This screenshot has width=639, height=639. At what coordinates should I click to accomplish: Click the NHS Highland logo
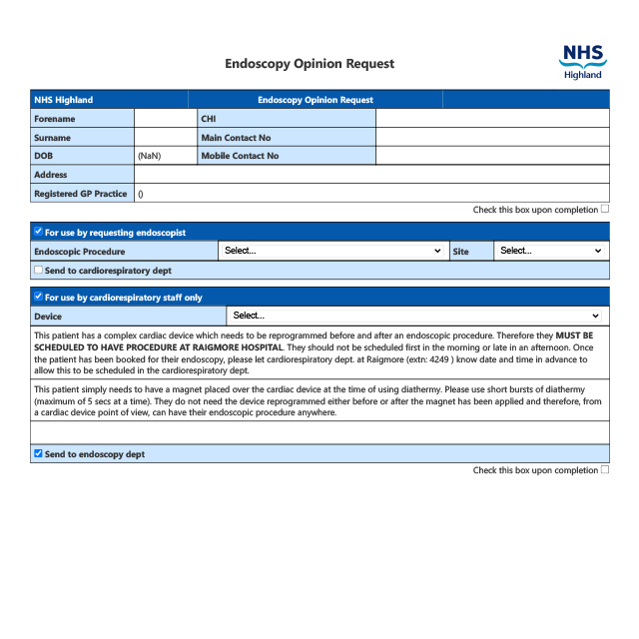[583, 61]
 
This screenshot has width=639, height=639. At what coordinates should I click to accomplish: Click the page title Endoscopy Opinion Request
[310, 64]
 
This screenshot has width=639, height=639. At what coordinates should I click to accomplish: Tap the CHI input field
[491, 119]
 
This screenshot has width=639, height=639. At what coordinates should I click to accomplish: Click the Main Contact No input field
[491, 137]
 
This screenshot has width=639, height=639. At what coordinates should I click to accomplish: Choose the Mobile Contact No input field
[491, 156]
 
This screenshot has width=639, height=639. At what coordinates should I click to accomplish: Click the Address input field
[370, 175]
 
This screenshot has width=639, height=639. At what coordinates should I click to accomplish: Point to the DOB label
[43, 156]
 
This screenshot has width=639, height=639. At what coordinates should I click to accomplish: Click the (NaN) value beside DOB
[150, 156]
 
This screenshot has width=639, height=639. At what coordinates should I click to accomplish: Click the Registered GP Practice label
[81, 194]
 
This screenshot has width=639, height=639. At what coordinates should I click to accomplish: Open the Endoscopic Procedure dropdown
[332, 251]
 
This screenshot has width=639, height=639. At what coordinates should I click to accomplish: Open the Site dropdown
[550, 251]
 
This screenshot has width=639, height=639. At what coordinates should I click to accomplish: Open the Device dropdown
[415, 316]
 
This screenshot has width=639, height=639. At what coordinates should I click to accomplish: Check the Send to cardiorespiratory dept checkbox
[38, 270]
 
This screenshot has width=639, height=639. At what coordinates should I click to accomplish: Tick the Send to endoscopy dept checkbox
[38, 453]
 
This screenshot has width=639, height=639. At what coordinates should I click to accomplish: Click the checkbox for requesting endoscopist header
[38, 232]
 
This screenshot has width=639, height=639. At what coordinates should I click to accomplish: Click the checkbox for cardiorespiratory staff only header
[38, 297]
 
